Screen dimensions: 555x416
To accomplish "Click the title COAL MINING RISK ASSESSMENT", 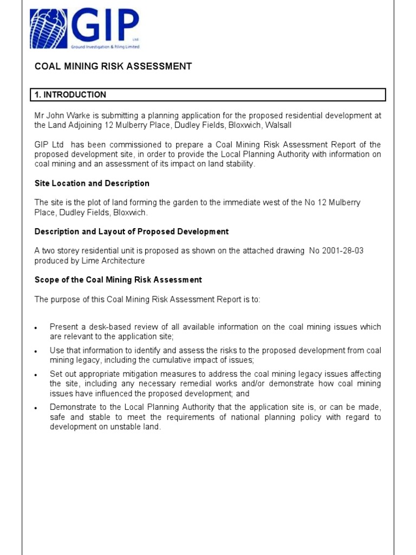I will (x=113, y=66).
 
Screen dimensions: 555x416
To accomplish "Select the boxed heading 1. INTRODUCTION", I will (x=70, y=95).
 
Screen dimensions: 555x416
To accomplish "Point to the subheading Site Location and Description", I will (x=92, y=183).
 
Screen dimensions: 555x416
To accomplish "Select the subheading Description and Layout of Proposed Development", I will (x=132, y=231).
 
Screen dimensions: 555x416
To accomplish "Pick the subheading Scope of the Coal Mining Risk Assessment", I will (x=118, y=280).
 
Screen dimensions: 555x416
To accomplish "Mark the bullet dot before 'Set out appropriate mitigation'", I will (x=36, y=375).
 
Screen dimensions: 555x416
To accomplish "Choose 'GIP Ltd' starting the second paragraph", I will (x=48, y=145).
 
